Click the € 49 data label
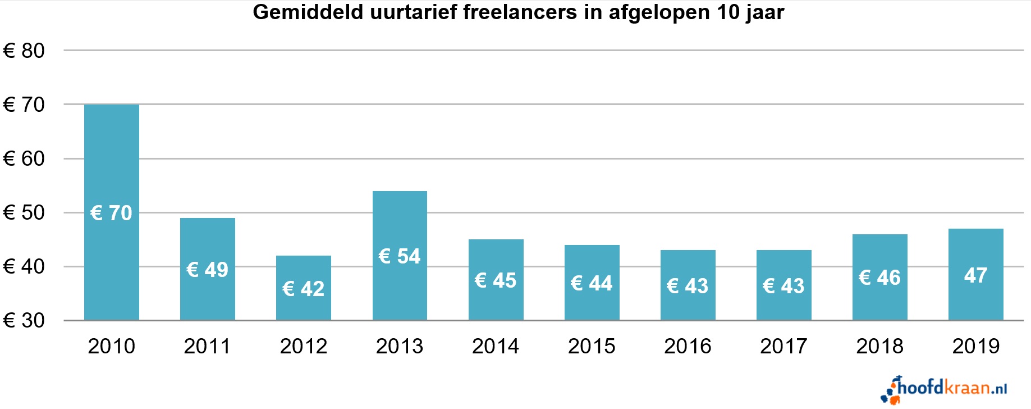207,270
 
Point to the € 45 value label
495,280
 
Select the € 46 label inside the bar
879,278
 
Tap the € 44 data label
592,283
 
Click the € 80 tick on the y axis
24,51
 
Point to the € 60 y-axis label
24,158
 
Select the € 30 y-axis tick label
24,320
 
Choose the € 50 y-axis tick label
24,212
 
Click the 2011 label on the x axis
207,346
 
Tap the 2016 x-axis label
688,346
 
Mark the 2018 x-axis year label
879,346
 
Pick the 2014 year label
495,346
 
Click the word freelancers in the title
520,12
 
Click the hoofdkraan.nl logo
946,389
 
